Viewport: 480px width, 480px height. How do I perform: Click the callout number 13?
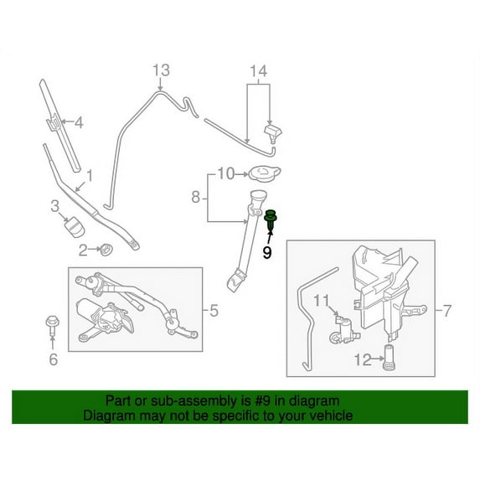point(161,70)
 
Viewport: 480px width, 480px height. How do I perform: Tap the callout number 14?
point(259,71)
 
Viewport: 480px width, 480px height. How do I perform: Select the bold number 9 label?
point(267,252)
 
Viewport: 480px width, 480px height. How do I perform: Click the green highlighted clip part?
point(271,220)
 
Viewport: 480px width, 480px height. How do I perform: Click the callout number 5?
point(214,311)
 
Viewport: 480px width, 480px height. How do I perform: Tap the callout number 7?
point(447,311)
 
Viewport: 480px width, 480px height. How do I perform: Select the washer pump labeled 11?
point(344,330)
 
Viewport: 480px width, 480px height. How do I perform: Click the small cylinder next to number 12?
point(389,358)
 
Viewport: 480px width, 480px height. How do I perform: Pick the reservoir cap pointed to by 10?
point(265,173)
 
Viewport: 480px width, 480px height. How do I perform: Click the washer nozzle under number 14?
point(273,133)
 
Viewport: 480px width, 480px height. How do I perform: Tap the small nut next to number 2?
point(106,249)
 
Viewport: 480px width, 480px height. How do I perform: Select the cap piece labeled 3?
point(75,226)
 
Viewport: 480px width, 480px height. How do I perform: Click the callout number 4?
point(79,123)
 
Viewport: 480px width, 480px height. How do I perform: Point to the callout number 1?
point(90,176)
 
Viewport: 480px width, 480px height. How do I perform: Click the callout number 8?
point(196,197)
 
